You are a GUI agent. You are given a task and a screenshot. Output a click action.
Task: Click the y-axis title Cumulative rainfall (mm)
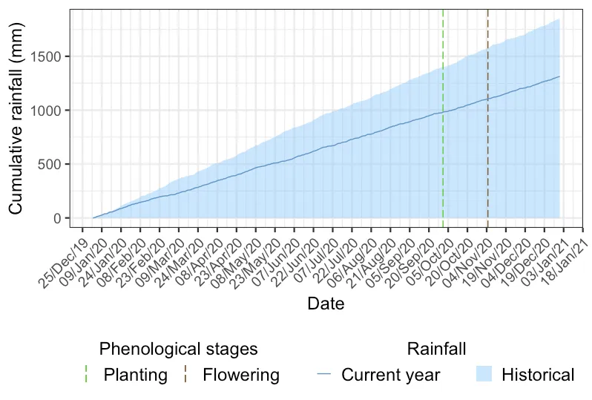click(x=16, y=118)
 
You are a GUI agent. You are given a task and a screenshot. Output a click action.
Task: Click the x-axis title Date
click(x=326, y=304)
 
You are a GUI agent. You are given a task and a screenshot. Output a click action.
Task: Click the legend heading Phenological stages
click(x=178, y=348)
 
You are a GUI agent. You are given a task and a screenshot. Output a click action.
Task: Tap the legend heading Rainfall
click(x=436, y=348)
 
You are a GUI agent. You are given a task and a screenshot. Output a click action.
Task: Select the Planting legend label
click(x=136, y=375)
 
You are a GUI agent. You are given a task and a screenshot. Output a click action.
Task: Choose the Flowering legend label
click(x=241, y=375)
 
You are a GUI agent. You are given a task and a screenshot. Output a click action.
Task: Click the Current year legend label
click(x=390, y=375)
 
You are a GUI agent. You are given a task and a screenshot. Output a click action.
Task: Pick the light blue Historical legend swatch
click(x=484, y=375)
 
